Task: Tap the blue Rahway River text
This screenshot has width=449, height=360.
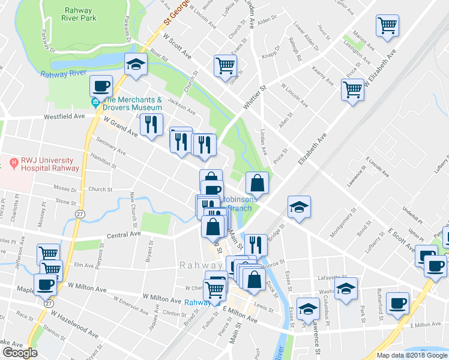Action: [x=65, y=74]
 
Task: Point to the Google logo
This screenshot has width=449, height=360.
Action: [x=20, y=353]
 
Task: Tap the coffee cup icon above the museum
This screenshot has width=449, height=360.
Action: [x=101, y=86]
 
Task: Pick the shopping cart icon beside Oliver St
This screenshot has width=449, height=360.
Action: [x=225, y=65]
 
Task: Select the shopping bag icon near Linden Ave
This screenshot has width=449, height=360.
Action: [x=257, y=182]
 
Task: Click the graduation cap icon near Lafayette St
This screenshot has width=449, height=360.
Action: [x=346, y=288]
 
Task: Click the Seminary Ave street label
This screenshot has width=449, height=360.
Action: [x=112, y=146]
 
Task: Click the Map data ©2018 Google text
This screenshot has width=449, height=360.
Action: [x=412, y=355]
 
